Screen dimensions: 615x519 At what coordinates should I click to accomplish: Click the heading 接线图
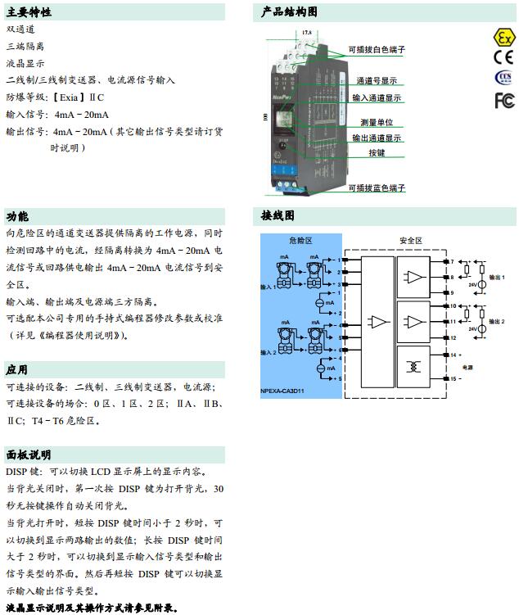278,216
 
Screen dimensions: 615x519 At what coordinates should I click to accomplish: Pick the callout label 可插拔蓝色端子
376,188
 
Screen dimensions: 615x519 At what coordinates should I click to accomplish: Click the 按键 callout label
376,153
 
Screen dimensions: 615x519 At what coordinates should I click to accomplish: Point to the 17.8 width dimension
306,32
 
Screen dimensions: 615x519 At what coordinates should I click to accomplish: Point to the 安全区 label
410,240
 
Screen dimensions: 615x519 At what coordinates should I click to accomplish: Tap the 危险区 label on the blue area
300,240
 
